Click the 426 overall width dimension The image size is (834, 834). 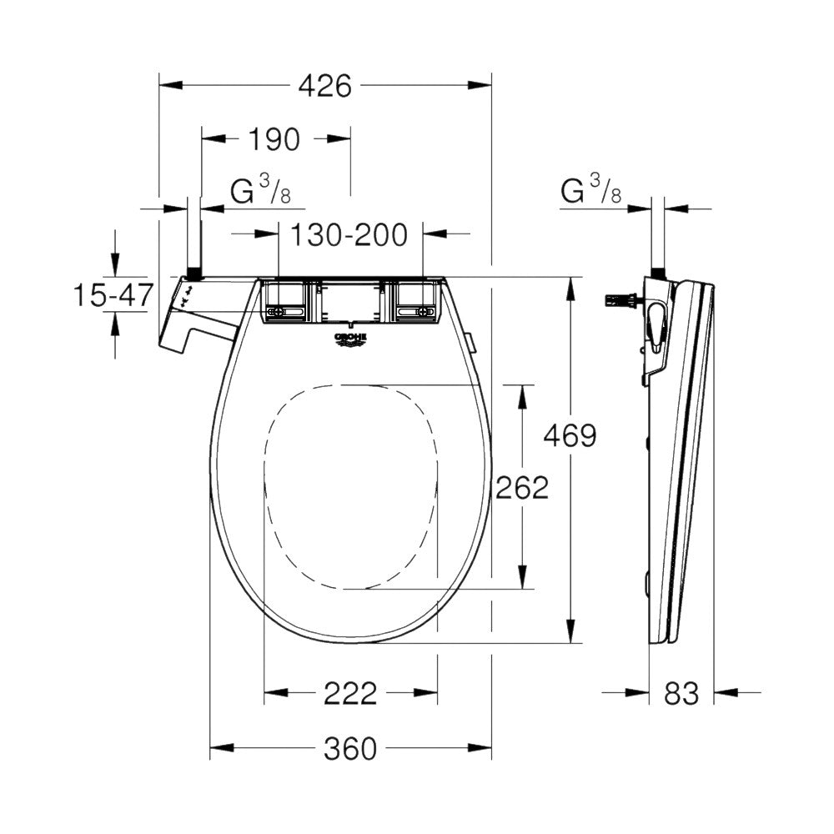point(325,85)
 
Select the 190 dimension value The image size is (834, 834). point(274,139)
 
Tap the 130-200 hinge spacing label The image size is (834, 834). point(349,235)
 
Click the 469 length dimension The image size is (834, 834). point(570,435)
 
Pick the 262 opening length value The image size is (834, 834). point(523,487)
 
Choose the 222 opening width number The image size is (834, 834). point(351,692)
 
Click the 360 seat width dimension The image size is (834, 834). point(350,749)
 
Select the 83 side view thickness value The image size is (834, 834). point(681,692)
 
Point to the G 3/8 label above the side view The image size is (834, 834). point(591,191)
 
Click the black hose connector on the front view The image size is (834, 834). point(193,273)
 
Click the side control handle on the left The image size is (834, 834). point(188,321)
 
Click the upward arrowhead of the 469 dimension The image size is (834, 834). point(570,288)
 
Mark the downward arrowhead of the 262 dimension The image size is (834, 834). point(523,579)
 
